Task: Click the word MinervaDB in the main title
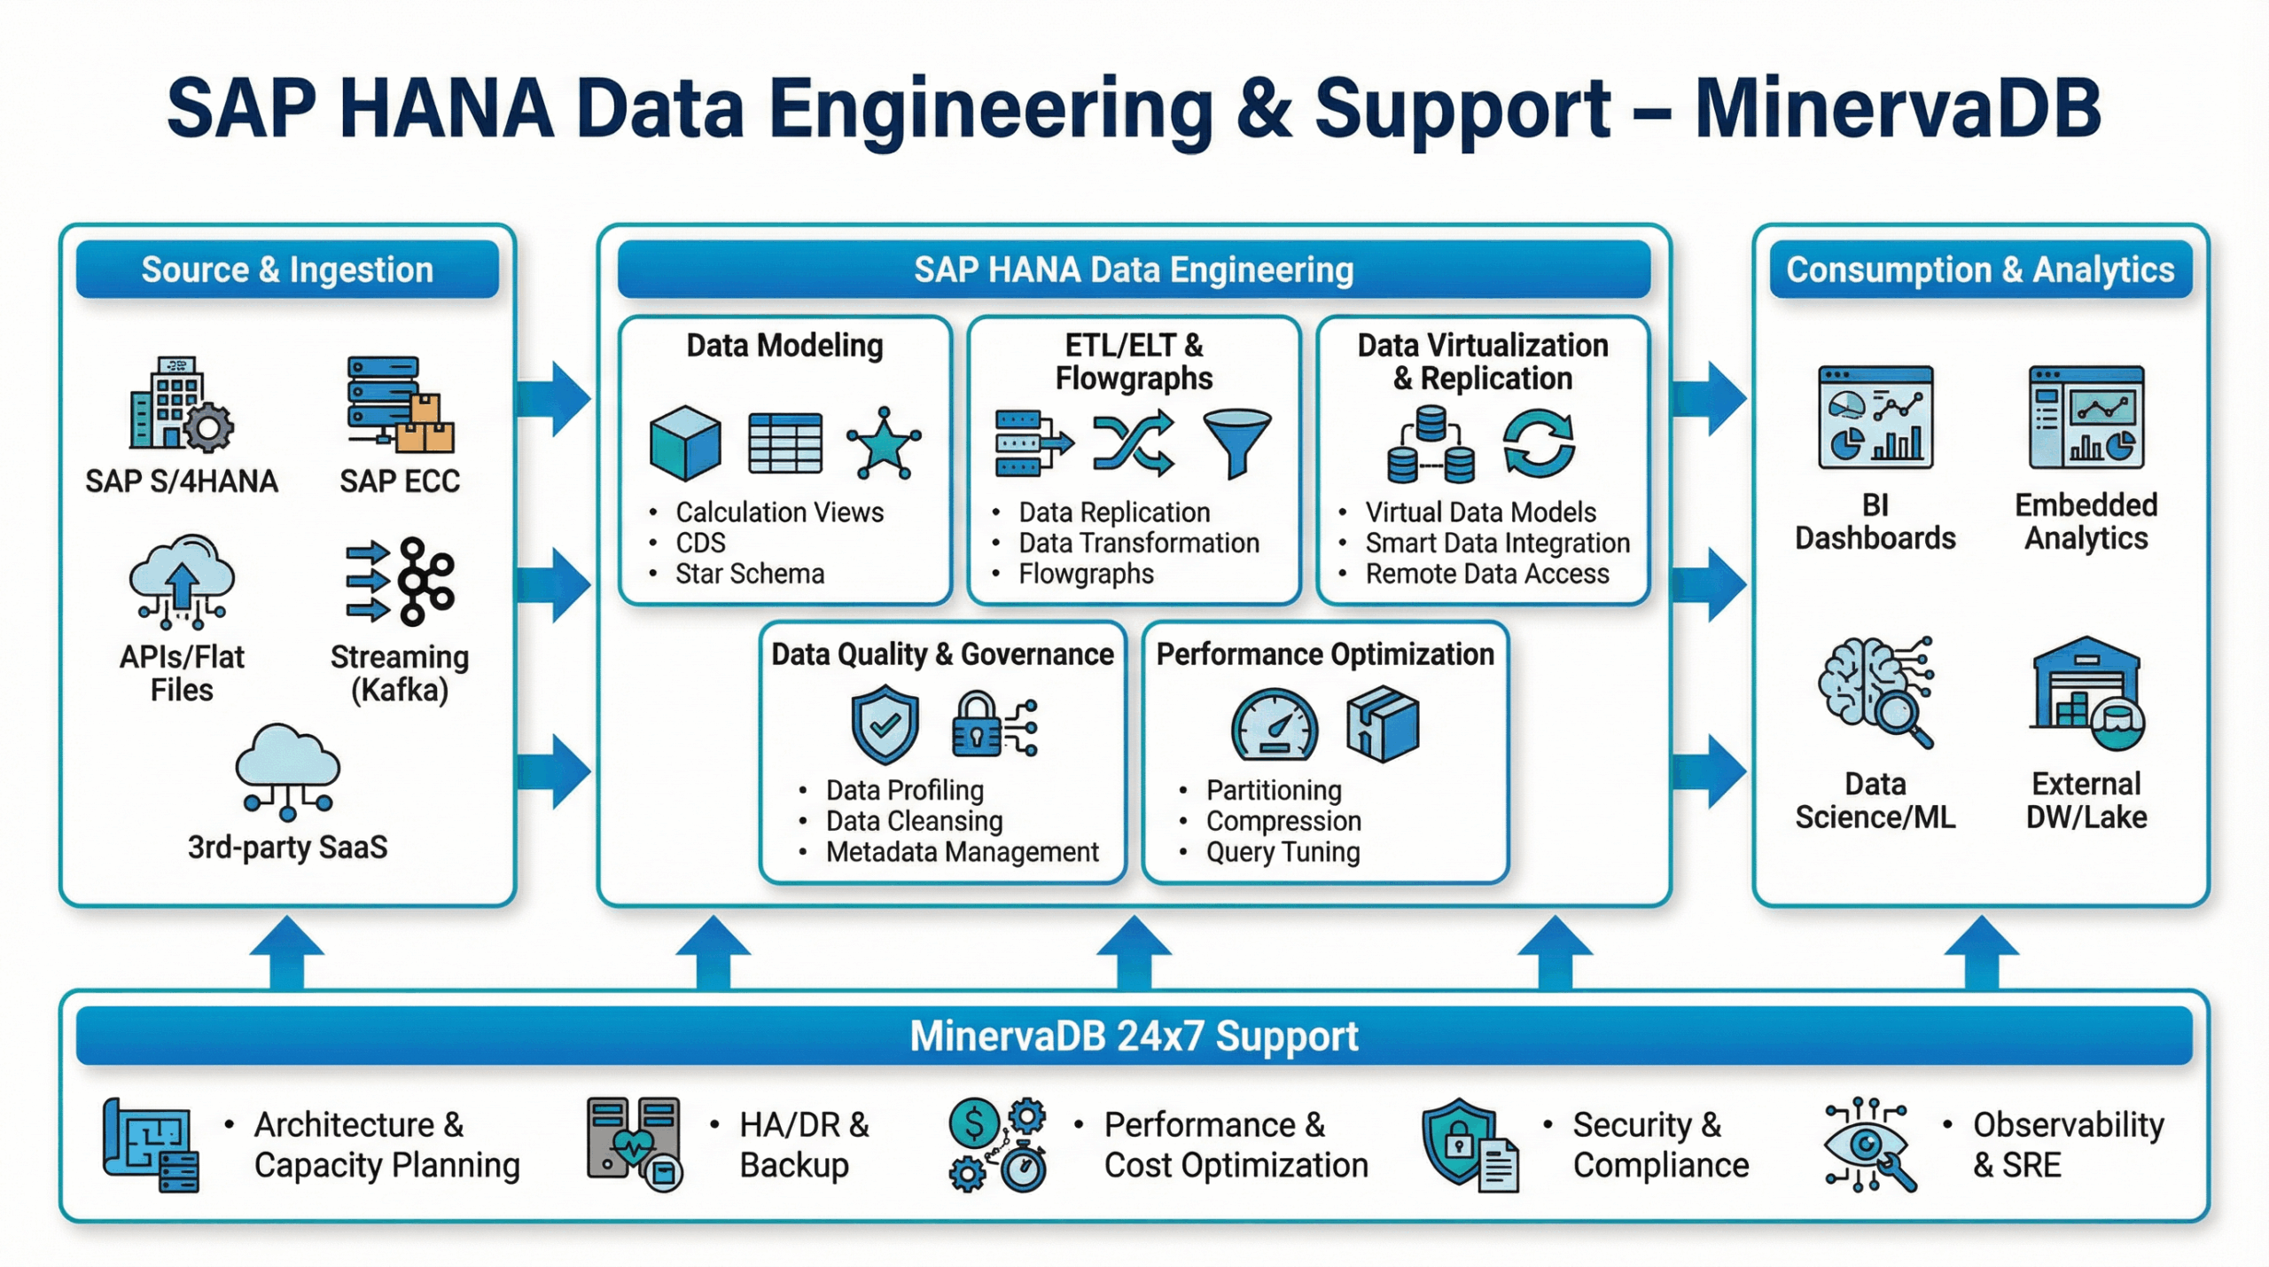(1897, 108)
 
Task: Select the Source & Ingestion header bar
(287, 270)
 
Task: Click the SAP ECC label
(400, 481)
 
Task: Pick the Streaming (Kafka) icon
(401, 582)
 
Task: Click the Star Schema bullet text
(749, 575)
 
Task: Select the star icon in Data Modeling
(883, 443)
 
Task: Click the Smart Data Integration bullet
(1497, 544)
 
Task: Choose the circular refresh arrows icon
(1539, 443)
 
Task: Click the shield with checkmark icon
(885, 725)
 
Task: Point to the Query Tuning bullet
(1282, 852)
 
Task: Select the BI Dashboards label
(1875, 522)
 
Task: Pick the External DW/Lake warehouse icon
(2086, 692)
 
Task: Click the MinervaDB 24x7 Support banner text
(1134, 1036)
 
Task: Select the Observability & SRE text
(2067, 1145)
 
